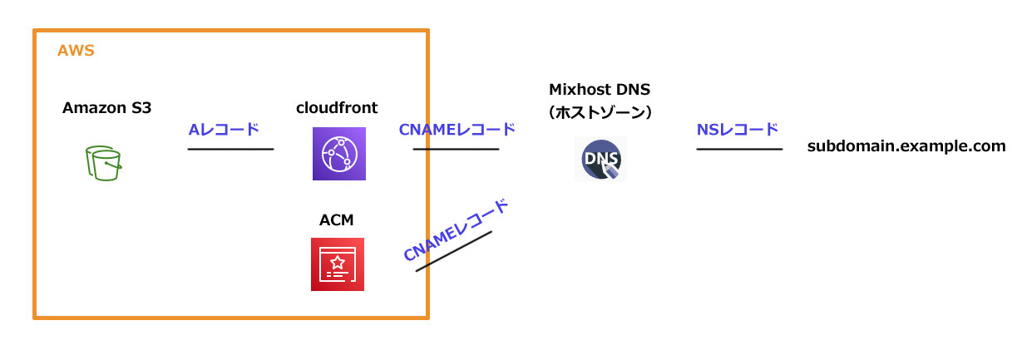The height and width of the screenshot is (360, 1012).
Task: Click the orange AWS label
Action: [x=76, y=51]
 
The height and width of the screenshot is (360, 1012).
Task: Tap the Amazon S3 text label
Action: [x=106, y=108]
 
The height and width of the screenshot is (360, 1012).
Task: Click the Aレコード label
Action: [x=225, y=129]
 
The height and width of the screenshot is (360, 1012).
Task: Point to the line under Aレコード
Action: [x=230, y=150]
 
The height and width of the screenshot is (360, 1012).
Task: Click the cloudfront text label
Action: [x=337, y=108]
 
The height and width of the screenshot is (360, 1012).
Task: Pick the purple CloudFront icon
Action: [x=338, y=154]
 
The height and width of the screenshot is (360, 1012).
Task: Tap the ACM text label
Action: [x=337, y=220]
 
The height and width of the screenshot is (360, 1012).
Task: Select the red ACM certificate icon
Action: [x=338, y=264]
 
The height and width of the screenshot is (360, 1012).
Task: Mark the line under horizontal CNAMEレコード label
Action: [x=456, y=150]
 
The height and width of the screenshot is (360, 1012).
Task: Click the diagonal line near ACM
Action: [x=454, y=250]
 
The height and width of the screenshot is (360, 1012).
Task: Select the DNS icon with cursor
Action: [x=600, y=159]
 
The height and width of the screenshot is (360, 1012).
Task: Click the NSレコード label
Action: [x=738, y=129]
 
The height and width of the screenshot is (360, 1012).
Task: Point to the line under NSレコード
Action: [x=739, y=150]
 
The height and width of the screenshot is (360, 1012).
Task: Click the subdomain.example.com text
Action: [x=906, y=147]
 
